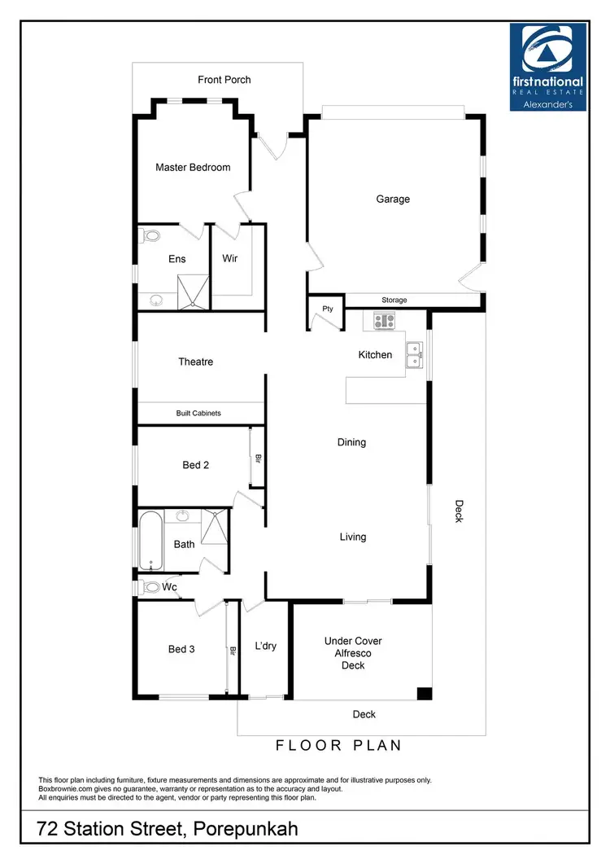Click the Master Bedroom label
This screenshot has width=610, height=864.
(x=193, y=168)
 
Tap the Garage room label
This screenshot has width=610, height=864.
(x=393, y=200)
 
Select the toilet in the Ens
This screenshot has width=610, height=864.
(x=150, y=237)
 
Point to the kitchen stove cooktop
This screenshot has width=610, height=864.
(x=384, y=321)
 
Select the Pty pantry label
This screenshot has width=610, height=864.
(x=328, y=309)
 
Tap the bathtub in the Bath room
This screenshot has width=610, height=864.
(x=150, y=541)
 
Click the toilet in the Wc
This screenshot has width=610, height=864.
(x=151, y=587)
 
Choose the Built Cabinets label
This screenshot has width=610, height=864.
(x=198, y=414)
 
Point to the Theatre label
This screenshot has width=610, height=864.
(x=195, y=362)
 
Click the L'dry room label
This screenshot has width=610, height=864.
(x=265, y=647)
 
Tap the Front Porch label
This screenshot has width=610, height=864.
(x=224, y=80)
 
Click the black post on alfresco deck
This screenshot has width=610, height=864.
(x=423, y=694)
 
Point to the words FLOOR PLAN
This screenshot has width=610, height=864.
(x=339, y=745)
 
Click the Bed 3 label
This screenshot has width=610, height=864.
(x=181, y=650)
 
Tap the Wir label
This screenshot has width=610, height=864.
(x=230, y=259)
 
